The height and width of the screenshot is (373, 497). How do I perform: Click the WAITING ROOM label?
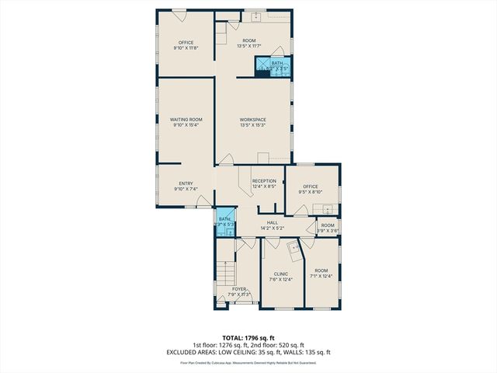click(x=186, y=119)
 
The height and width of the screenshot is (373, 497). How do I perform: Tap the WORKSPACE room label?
click(x=252, y=119)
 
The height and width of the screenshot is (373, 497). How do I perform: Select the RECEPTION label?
click(x=264, y=180)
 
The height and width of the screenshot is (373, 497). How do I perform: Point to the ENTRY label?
click(x=186, y=183)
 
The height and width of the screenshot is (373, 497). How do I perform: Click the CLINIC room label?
click(x=281, y=274)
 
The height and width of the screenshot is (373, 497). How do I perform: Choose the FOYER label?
click(x=239, y=289)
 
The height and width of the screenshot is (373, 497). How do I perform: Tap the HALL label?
click(x=273, y=222)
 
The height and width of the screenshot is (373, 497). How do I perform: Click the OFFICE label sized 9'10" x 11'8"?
click(x=186, y=42)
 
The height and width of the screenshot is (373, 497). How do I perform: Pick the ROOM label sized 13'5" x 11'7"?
click(x=249, y=40)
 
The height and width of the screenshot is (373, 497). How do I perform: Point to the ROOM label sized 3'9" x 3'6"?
click(x=328, y=225)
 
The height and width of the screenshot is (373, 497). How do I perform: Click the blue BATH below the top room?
click(x=277, y=65)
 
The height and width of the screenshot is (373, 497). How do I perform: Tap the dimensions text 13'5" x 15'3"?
click(x=252, y=124)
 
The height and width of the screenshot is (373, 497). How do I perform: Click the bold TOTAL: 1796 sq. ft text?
click(x=248, y=338)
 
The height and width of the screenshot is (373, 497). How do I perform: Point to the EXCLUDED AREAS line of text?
click(x=248, y=351)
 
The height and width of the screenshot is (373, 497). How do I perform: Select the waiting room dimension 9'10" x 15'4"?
click(x=186, y=124)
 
